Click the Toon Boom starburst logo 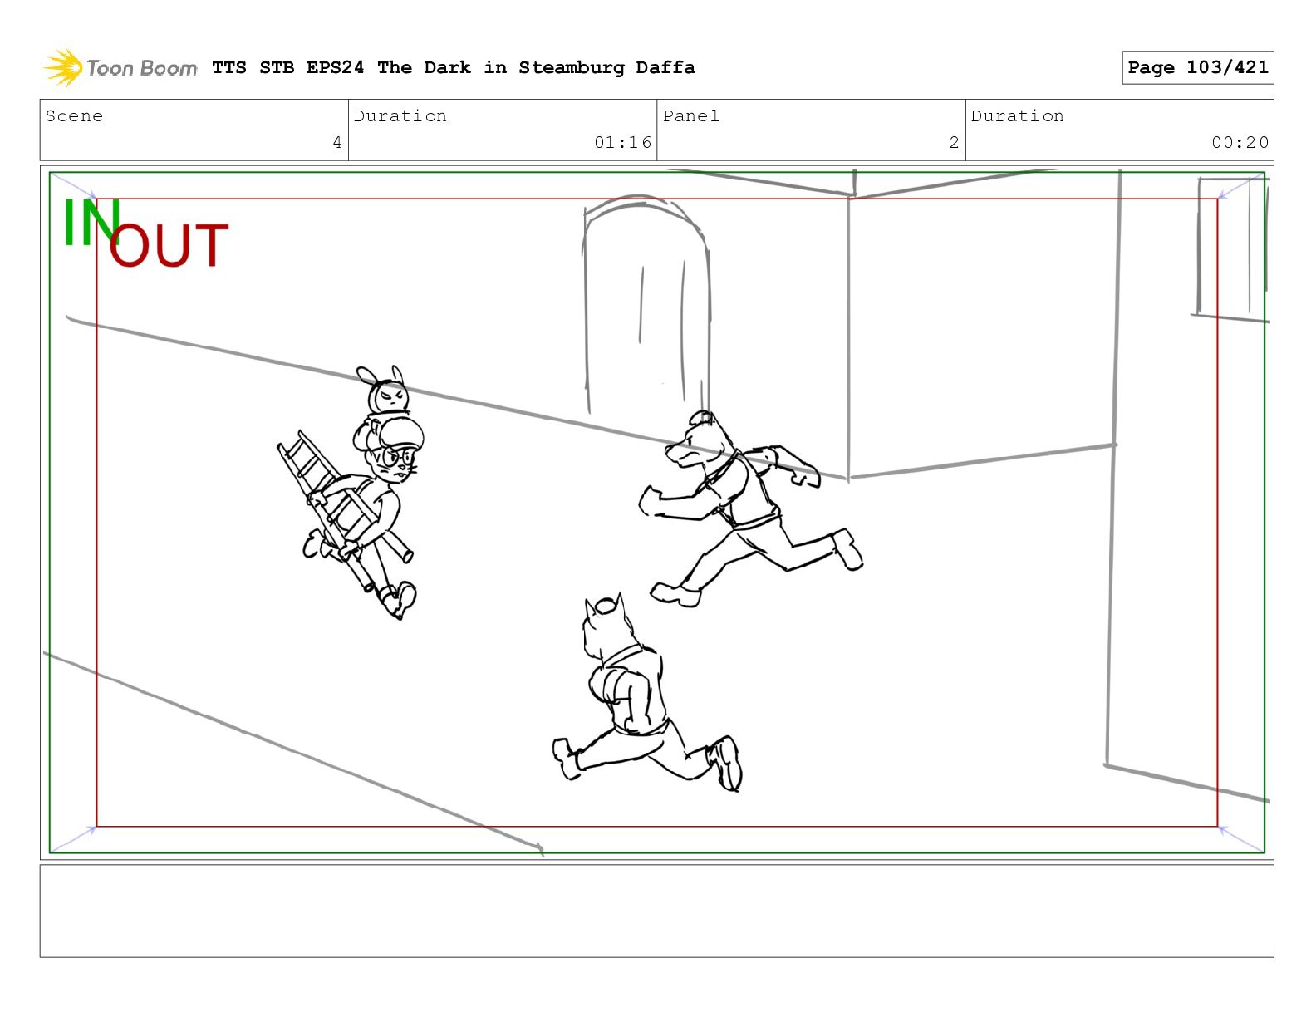pos(64,67)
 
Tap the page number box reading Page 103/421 pos(1197,67)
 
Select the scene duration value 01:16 pos(622,142)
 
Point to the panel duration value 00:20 pos(1240,142)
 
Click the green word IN pos(91,223)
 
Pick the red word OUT pos(169,245)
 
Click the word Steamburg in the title pos(571,68)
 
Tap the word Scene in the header pos(74,115)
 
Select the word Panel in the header pos(691,115)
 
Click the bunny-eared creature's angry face pos(389,397)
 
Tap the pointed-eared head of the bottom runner pos(606,626)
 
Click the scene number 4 pos(337,142)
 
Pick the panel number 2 pos(954,142)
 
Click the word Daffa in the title pos(665,68)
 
